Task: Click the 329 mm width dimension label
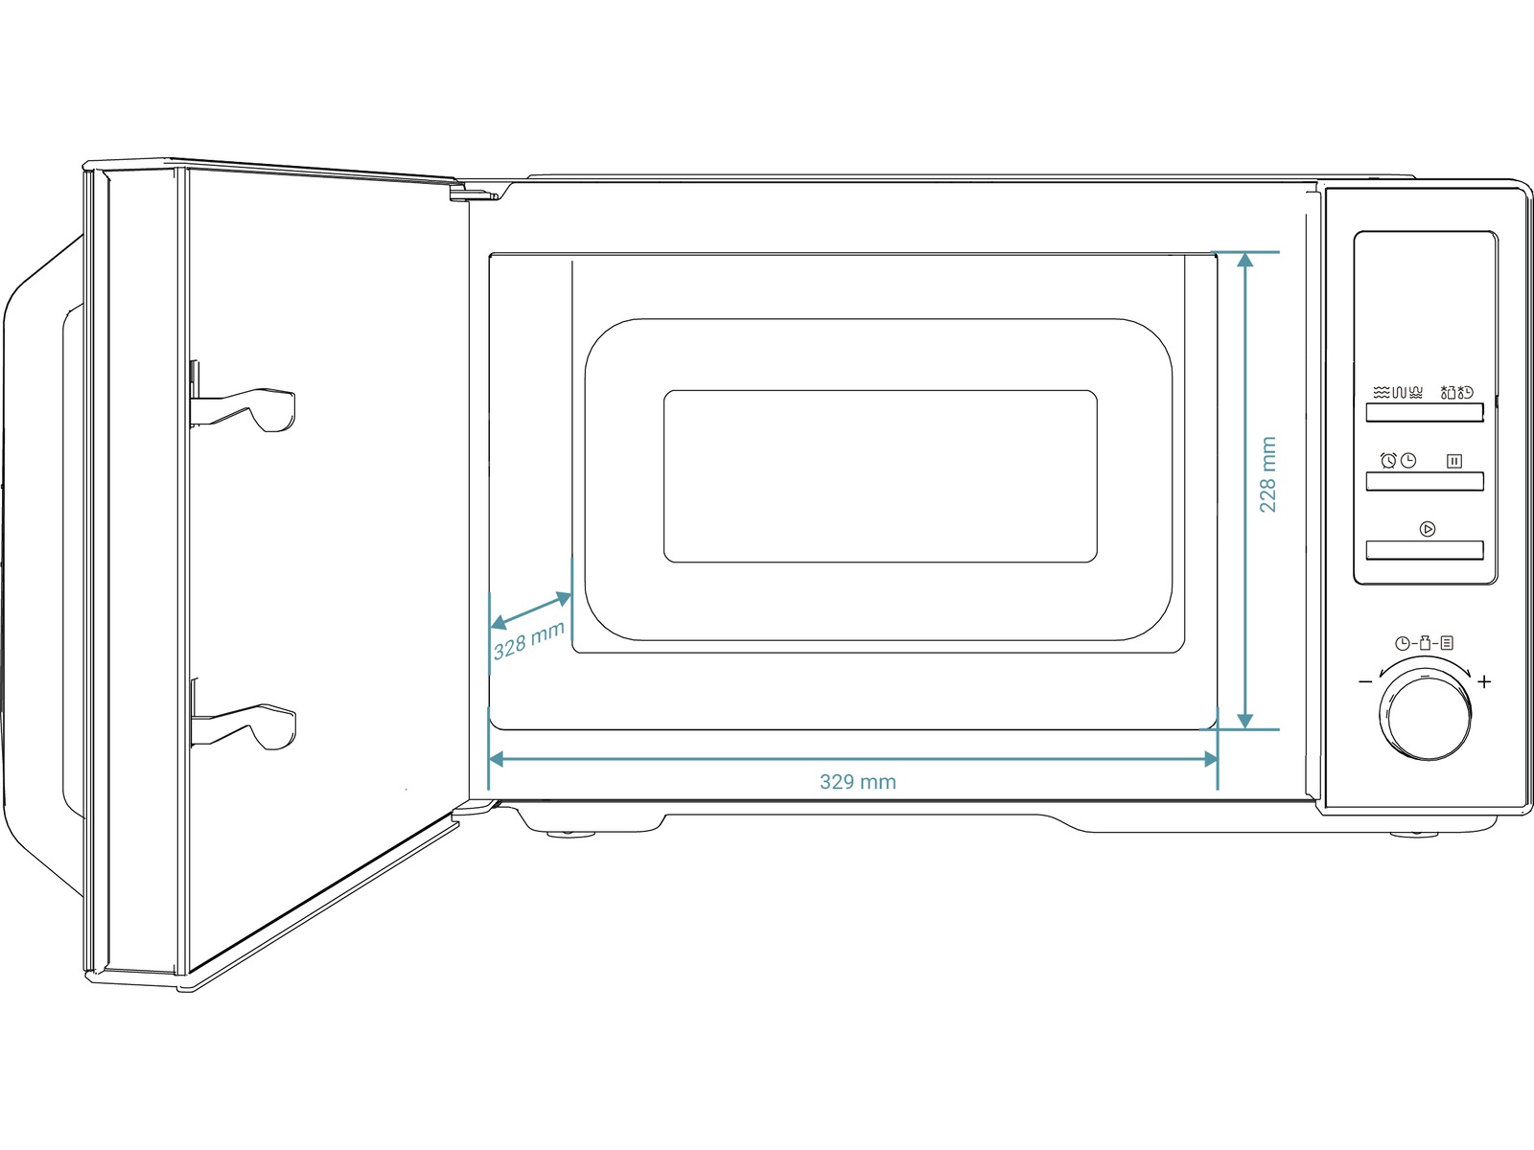[857, 781]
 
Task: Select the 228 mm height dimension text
[1267, 474]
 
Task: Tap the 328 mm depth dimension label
[528, 640]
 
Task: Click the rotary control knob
[1428, 716]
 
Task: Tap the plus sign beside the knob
[1484, 681]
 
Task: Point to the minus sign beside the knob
[1365, 681]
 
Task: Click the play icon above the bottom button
[1428, 529]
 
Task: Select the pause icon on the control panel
[1454, 461]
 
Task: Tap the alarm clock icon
[1388, 460]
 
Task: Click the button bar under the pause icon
[1425, 481]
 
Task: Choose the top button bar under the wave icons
[1425, 413]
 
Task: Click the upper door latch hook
[244, 408]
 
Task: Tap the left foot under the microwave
[570, 834]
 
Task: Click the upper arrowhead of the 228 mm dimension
[1244, 260]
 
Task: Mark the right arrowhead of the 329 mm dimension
[1211, 760]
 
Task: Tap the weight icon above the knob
[1425, 643]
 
